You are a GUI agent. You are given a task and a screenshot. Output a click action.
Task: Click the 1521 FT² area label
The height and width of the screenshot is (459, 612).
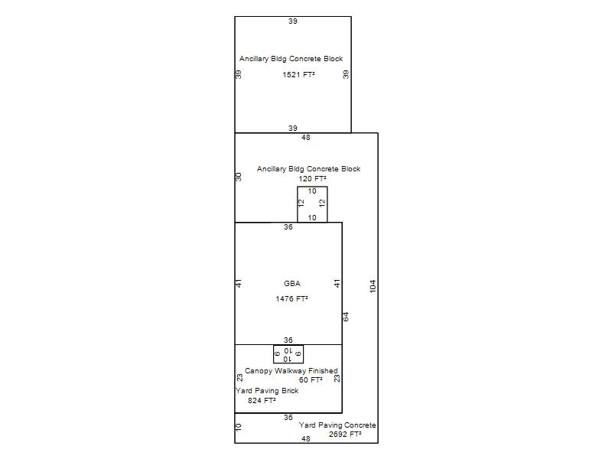[x=298, y=74]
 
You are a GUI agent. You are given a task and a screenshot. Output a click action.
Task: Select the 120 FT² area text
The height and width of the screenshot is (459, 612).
[x=312, y=179]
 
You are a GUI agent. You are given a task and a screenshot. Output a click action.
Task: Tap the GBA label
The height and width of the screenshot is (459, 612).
[x=292, y=284]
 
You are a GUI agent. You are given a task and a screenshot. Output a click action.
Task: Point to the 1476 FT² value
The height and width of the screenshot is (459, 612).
[x=292, y=299]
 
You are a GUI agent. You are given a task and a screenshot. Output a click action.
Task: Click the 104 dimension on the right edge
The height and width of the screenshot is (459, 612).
[x=373, y=286]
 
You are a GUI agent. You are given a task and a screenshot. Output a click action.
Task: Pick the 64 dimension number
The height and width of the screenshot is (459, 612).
[x=346, y=317]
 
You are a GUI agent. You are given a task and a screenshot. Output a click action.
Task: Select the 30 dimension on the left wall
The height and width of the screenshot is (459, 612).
[x=239, y=177]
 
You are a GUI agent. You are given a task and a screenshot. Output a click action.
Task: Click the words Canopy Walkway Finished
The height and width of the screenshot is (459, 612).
[x=291, y=371]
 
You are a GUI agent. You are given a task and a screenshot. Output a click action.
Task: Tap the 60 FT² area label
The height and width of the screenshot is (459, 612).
[x=311, y=379]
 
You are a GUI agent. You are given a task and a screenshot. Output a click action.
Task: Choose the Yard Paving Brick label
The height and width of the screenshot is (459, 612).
[x=267, y=391]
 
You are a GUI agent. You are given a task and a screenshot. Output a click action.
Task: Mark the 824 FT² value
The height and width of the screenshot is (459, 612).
[x=262, y=400]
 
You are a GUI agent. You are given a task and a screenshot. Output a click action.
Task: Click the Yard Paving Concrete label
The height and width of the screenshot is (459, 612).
[x=337, y=425]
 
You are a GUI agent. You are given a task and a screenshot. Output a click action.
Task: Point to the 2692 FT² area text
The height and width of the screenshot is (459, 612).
[x=345, y=434]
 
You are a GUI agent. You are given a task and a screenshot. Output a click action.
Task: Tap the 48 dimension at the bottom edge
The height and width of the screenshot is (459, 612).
[x=306, y=438]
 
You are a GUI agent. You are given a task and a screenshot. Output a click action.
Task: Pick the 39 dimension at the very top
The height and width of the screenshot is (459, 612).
[x=293, y=21]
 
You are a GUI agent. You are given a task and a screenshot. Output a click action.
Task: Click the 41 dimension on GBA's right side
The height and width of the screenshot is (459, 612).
[x=337, y=283]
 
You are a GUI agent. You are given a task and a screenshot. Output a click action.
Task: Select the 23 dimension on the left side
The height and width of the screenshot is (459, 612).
[x=239, y=378]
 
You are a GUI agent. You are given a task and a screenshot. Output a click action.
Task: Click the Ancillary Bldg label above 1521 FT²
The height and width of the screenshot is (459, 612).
[x=291, y=59]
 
